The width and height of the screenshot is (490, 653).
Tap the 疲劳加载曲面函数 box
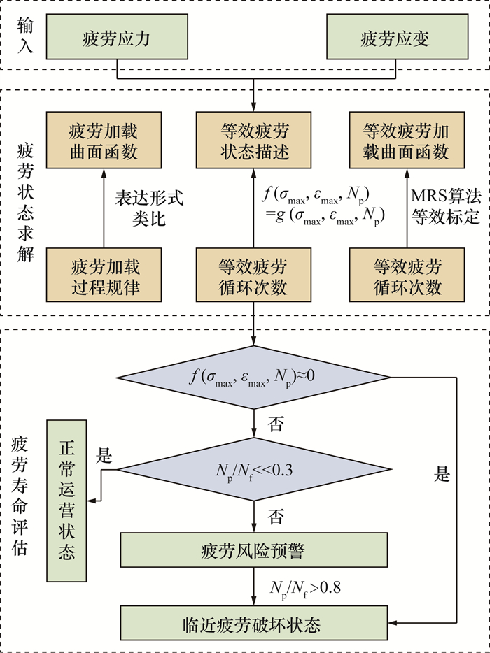tap(104, 141)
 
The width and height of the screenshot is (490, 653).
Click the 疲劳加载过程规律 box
tap(104, 276)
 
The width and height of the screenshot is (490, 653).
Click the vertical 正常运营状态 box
tap(66, 500)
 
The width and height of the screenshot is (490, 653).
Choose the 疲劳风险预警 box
tap(253, 551)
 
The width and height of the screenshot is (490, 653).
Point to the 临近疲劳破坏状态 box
tap(253, 622)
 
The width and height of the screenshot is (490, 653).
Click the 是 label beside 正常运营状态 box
tap(104, 457)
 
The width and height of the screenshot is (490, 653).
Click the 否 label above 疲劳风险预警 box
tap(276, 517)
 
